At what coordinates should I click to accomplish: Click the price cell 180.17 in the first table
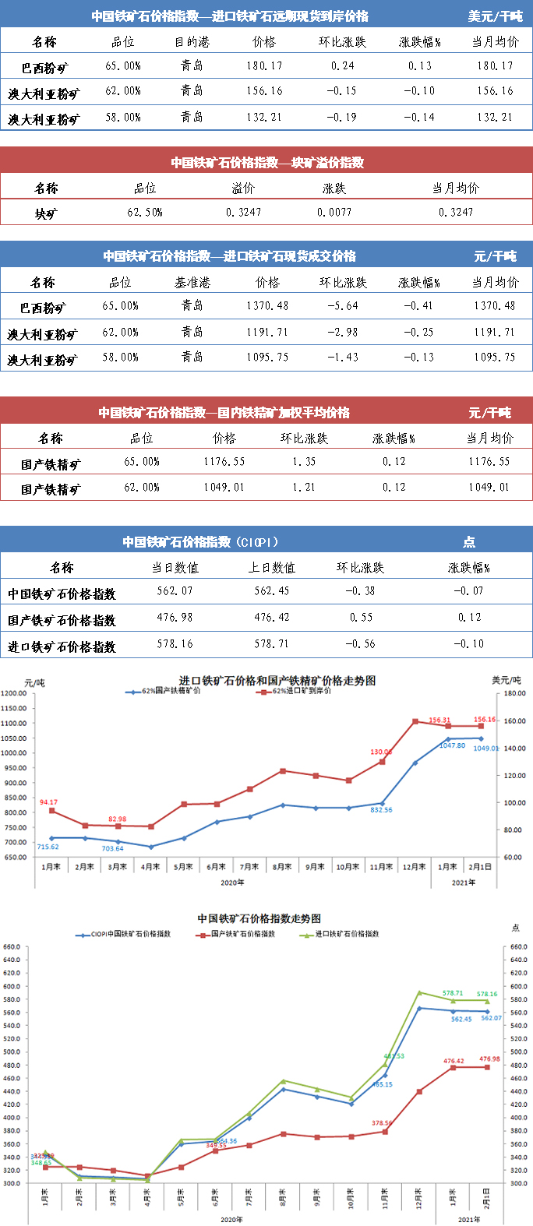pyautogui.click(x=264, y=66)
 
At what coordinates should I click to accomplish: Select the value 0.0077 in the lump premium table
pyautogui.click(x=334, y=212)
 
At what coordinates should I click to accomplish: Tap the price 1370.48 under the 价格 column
pyautogui.click(x=267, y=306)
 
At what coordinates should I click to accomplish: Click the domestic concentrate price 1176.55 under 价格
pyautogui.click(x=224, y=462)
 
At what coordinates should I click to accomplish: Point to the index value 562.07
pyautogui.click(x=175, y=591)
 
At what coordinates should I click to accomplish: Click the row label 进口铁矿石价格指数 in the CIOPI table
pyautogui.click(x=62, y=646)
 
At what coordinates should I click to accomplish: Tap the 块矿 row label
pyautogui.click(x=46, y=213)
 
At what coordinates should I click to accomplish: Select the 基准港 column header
pyautogui.click(x=192, y=283)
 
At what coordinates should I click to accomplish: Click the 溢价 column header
pyautogui.click(x=243, y=188)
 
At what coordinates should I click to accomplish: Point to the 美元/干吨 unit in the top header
pyautogui.click(x=495, y=16)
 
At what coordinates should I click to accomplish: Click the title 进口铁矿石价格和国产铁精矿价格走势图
pyautogui.click(x=277, y=680)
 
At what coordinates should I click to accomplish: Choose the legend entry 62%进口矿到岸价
pyautogui.click(x=301, y=691)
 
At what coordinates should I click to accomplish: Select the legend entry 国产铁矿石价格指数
pyautogui.click(x=242, y=933)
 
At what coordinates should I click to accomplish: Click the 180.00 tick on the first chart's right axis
pyautogui.click(x=514, y=693)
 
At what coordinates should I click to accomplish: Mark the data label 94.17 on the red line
pyautogui.click(x=48, y=802)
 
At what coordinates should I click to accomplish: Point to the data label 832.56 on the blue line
pyautogui.click(x=381, y=810)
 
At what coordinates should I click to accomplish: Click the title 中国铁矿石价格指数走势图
pyautogui.click(x=259, y=919)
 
